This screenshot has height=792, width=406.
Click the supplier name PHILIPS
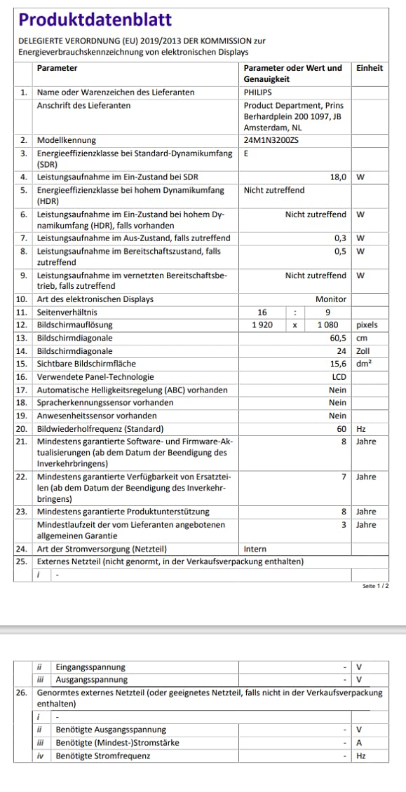[x=259, y=92]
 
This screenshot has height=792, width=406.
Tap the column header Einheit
[x=370, y=68]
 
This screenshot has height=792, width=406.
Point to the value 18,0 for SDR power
[x=338, y=177]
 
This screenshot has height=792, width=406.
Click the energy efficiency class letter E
[x=246, y=153]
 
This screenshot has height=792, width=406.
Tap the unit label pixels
[x=367, y=325]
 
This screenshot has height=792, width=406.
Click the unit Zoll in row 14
[x=364, y=351]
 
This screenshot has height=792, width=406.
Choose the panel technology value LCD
[x=339, y=377]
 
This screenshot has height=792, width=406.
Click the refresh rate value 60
[x=341, y=429]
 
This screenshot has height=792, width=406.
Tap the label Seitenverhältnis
[x=67, y=312]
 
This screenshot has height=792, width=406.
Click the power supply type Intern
[x=255, y=549]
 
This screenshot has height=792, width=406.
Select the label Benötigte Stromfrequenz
[x=102, y=756]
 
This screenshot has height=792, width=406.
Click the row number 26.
[x=22, y=692]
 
